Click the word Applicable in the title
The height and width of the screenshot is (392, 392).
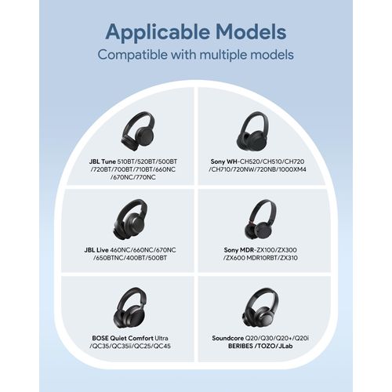(x=158, y=33)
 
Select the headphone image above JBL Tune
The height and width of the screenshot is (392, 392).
(x=138, y=131)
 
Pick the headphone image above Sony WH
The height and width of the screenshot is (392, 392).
(x=252, y=131)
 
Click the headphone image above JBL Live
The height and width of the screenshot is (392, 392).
(x=131, y=220)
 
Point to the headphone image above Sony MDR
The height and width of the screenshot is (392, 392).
(x=260, y=220)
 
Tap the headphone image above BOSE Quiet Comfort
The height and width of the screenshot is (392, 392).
(x=130, y=308)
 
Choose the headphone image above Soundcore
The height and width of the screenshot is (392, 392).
(x=260, y=308)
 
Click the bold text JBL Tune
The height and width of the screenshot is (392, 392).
(x=102, y=162)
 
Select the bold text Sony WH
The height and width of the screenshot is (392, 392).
(x=222, y=162)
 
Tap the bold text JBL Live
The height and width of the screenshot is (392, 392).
(x=96, y=250)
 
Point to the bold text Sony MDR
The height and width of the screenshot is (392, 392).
(x=239, y=250)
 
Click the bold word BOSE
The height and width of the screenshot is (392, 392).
(x=100, y=339)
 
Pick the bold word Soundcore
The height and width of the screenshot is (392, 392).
(x=227, y=339)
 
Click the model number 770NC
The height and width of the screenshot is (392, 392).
(x=145, y=177)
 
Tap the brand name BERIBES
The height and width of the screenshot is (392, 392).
(x=241, y=347)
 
